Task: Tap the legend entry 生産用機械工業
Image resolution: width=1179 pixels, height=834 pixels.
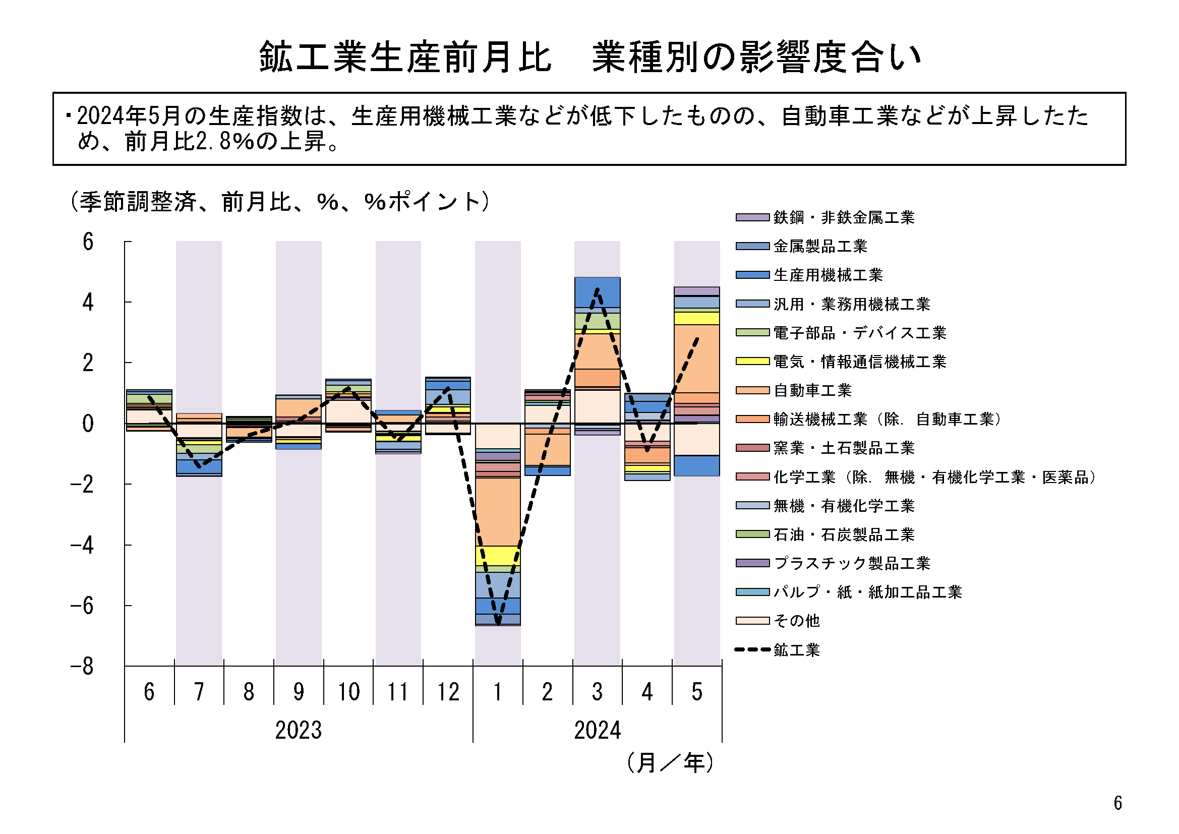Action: coord(827,275)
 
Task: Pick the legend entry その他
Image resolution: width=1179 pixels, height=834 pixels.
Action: coord(796,621)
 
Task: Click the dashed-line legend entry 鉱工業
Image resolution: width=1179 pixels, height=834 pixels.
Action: coord(796,650)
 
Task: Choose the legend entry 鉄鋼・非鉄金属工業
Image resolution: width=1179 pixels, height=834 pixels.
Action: coord(843,218)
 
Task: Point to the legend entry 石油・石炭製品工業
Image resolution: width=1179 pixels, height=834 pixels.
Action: coord(843,535)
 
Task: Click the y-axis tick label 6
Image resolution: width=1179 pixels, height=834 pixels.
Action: coord(88,242)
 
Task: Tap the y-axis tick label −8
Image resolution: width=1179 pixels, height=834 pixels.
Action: coord(82,667)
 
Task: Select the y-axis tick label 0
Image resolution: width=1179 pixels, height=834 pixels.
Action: coord(88,424)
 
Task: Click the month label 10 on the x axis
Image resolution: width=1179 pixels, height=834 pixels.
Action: coord(348,692)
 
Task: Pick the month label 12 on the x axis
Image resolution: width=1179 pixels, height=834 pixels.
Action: coord(448,692)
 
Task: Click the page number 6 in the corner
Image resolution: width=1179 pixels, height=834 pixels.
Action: coord(1118,803)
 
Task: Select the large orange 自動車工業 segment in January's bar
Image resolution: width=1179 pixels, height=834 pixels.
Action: coord(498,511)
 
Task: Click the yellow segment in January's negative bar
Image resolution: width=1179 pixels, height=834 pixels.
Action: coord(498,556)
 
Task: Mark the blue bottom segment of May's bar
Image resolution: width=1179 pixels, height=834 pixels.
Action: coord(697,466)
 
